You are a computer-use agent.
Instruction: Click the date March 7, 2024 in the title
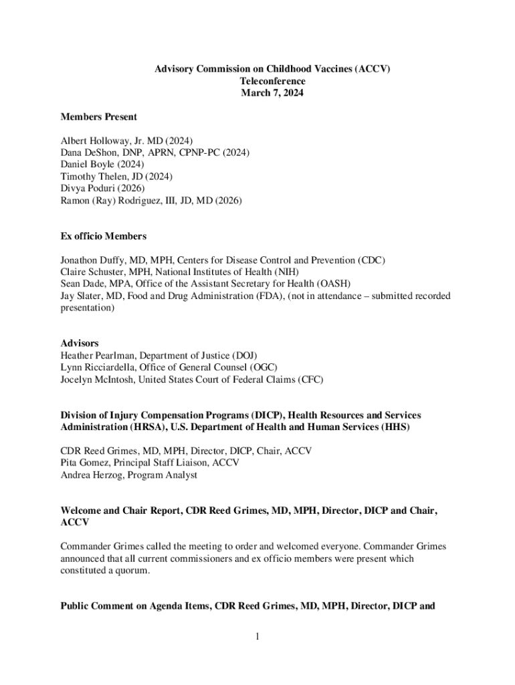pyautogui.click(x=272, y=93)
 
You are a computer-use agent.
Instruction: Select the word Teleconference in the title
pyautogui.click(x=272, y=81)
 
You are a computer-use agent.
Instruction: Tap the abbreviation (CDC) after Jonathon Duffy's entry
pyautogui.click(x=372, y=260)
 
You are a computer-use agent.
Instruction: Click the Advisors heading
pyautogui.click(x=80, y=343)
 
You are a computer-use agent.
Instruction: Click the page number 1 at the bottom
pyautogui.click(x=257, y=636)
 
